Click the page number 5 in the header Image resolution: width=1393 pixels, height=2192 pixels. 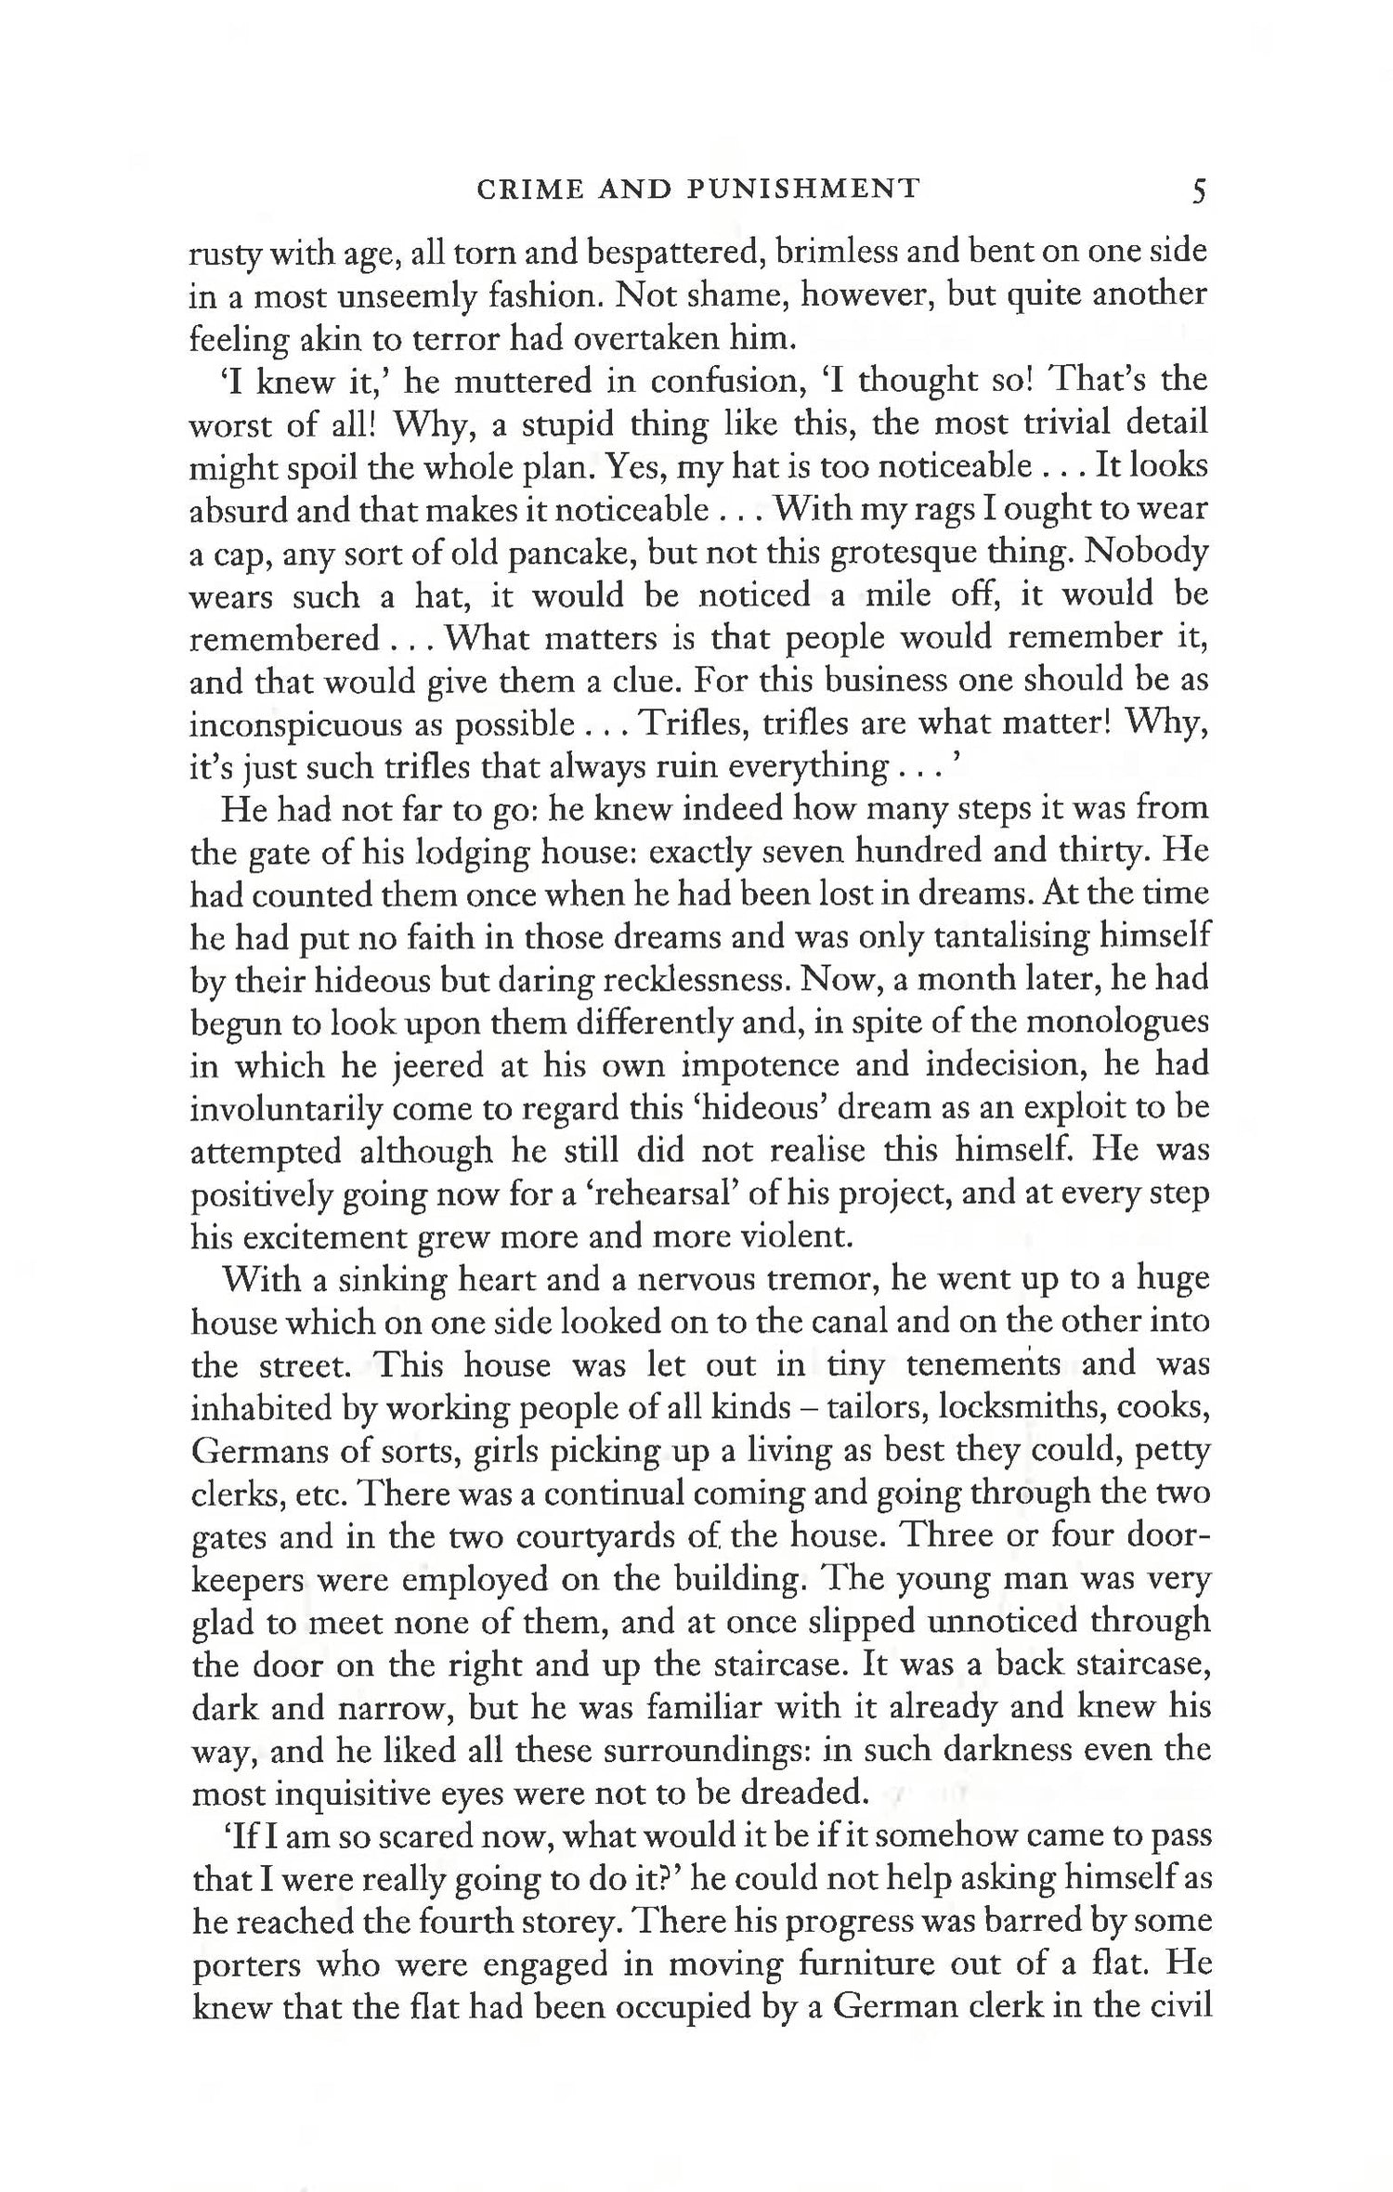[1197, 191]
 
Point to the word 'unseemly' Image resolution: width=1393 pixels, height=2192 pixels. [403, 296]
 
